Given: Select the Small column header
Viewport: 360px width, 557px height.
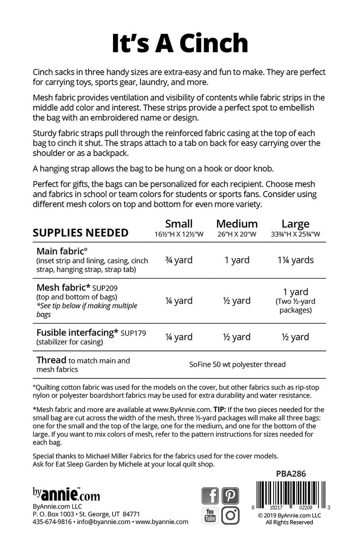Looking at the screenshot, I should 179,224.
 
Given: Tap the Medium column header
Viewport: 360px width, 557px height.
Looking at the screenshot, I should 237,224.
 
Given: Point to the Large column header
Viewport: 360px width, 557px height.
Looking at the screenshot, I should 295,224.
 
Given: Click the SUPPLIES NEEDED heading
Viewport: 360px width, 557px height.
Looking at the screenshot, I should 81,233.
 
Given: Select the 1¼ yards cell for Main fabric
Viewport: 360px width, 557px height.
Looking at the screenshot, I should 295,260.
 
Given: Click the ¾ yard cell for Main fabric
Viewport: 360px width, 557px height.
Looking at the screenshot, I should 179,260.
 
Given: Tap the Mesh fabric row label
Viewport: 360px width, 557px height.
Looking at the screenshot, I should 63,287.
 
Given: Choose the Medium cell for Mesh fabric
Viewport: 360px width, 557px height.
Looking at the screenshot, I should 237,301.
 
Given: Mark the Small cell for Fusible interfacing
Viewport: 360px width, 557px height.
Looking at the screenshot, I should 179,337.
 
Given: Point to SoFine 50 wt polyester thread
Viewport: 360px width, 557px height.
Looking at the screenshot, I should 237,364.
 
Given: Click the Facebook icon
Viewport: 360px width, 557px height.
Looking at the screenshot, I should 210,496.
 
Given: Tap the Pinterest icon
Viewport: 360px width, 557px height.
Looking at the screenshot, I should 230,496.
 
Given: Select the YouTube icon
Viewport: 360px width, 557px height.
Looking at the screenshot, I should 210,516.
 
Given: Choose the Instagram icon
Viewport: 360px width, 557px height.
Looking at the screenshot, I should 230,516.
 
